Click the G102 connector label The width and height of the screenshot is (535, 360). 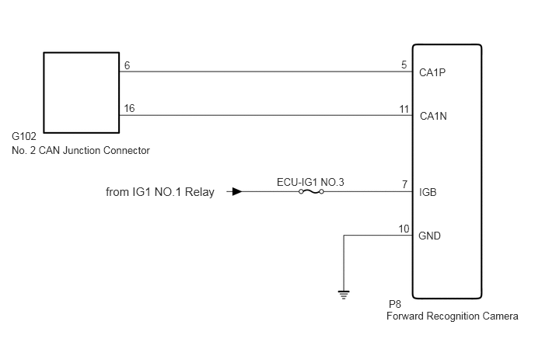tap(24, 137)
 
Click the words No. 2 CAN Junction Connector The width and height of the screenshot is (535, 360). tap(81, 151)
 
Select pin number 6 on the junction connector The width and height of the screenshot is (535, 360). tap(128, 65)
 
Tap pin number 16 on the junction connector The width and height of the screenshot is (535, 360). tap(129, 108)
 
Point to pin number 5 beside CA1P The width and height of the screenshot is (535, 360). tap(404, 65)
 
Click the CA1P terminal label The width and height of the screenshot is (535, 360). tap(432, 72)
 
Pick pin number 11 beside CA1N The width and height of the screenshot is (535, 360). tap(404, 109)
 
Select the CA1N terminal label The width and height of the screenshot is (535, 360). tap(433, 116)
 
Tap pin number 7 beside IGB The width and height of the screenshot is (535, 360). tap(404, 184)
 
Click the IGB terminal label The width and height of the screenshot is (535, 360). tap(428, 193)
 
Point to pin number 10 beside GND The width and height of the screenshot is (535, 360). tap(404, 229)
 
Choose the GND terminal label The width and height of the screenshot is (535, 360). tap(429, 236)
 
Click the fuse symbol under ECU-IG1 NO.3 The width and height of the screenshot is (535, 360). tap(311, 192)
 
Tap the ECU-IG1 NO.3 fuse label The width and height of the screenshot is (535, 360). tap(310, 182)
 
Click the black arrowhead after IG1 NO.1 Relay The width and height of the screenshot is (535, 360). tap(237, 192)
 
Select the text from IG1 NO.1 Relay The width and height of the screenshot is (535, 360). tap(160, 192)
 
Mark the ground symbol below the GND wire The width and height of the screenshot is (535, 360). tap(344, 295)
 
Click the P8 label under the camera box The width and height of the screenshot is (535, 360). tap(395, 304)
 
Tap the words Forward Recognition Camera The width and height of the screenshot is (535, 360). tap(453, 316)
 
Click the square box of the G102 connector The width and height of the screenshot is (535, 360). tap(44, 93)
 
